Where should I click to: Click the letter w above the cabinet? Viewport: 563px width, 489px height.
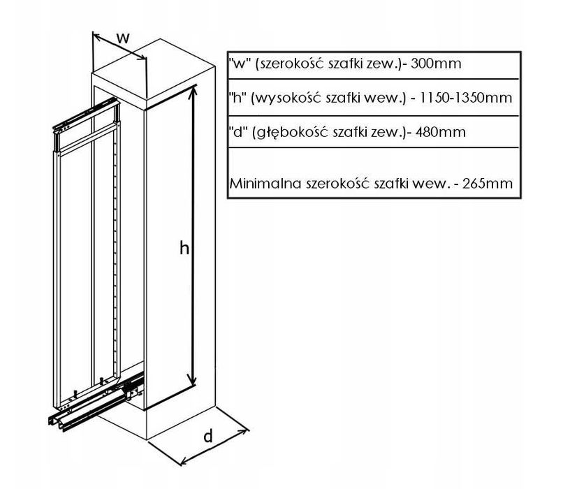click(123, 38)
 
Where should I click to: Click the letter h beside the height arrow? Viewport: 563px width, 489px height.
click(184, 248)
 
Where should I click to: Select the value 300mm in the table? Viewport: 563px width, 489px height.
click(436, 64)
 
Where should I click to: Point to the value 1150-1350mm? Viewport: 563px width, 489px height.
click(465, 98)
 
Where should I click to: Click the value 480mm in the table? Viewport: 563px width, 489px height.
click(441, 132)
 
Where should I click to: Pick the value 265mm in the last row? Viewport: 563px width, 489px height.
click(488, 184)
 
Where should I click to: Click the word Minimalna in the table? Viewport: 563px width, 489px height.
click(265, 184)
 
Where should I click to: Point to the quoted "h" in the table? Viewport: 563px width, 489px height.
click(237, 98)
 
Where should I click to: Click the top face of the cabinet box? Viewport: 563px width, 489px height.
click(154, 69)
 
